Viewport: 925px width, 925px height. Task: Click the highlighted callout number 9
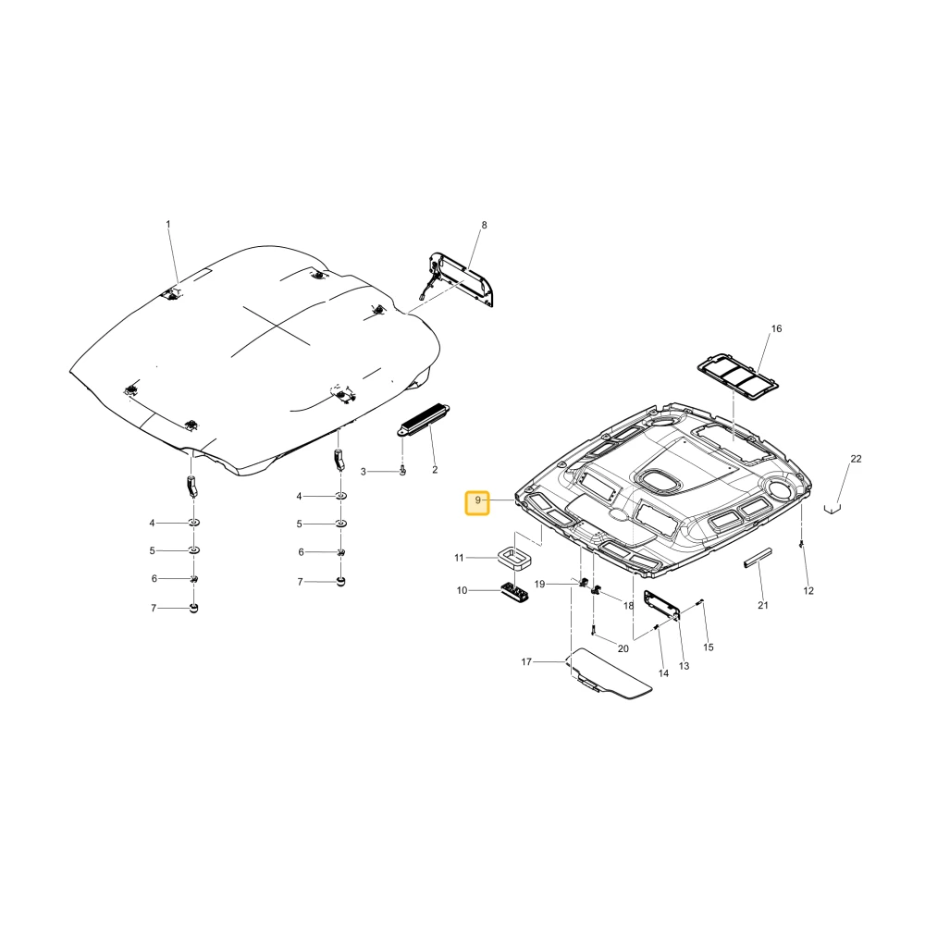[x=477, y=501]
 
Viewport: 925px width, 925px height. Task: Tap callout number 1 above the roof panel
[x=168, y=224]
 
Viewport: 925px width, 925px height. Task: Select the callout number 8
[x=485, y=225]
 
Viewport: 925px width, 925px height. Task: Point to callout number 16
[x=776, y=328]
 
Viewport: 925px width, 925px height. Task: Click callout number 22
[x=856, y=459]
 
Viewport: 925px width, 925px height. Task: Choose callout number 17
[x=526, y=662]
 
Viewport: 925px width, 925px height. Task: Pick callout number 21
[x=763, y=605]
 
